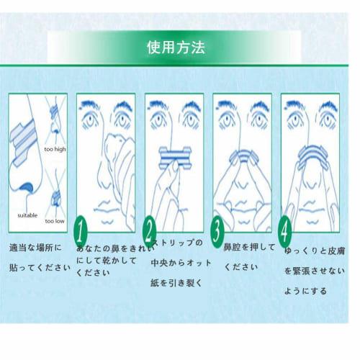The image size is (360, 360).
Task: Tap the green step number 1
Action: (x=81, y=230)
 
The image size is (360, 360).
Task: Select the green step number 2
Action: (x=150, y=230)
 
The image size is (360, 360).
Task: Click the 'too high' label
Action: (x=54, y=150)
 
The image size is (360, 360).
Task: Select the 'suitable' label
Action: (x=27, y=214)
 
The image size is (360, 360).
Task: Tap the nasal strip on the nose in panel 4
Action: (x=311, y=156)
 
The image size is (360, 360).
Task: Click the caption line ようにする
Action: (x=306, y=291)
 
